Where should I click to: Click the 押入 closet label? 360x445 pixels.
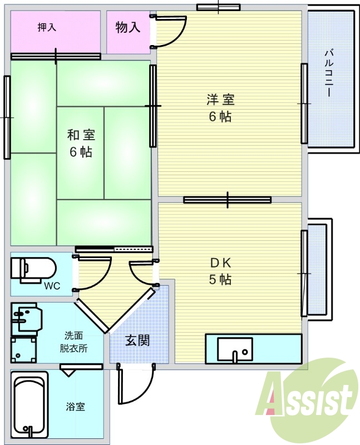coord(47,27)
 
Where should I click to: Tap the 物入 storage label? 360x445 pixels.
coord(128,27)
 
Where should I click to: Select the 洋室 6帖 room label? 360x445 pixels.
coord(220,108)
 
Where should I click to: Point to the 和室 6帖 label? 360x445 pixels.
coord(81,144)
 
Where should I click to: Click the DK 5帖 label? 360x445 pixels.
coord(220,271)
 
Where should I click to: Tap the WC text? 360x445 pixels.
coord(52,286)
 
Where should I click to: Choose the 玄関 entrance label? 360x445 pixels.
coord(137,340)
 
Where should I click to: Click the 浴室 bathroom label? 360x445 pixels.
coord(75,407)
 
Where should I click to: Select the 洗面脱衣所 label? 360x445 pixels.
coord(73,342)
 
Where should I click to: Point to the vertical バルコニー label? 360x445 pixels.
coord(329,73)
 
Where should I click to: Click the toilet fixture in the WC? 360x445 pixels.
coord(33,270)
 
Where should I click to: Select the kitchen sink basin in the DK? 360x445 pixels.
coord(235,350)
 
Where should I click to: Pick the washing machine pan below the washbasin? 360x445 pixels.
coord(23,350)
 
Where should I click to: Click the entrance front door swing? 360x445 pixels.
coord(136,384)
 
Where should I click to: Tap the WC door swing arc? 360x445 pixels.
coord(92,273)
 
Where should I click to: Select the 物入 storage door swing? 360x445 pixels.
coord(169,31)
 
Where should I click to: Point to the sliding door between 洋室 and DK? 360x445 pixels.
coord(228,200)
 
